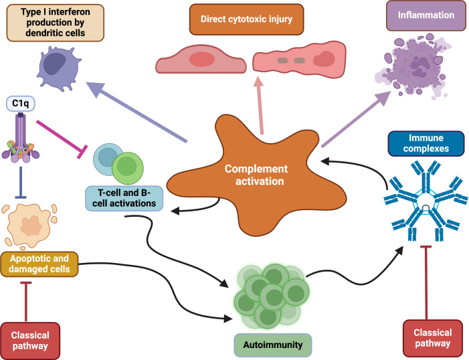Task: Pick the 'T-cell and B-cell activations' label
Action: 124,198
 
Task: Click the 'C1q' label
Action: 23,104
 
